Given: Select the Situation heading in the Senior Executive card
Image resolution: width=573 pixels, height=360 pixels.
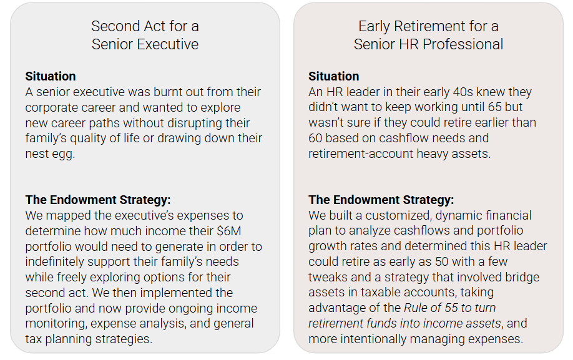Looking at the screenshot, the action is (51, 76).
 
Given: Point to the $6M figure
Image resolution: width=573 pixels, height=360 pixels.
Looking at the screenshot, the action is (228, 231).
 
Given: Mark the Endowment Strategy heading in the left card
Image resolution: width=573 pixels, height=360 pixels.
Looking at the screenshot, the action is (98, 200).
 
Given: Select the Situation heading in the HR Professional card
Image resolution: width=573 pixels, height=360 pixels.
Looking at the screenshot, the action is (334, 76).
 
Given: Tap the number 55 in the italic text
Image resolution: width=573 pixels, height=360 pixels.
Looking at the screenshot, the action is (451, 308).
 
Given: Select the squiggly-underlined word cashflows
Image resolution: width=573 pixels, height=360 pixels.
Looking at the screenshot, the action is (422, 231).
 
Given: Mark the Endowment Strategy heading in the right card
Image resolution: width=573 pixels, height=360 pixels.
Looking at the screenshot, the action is (381, 200).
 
